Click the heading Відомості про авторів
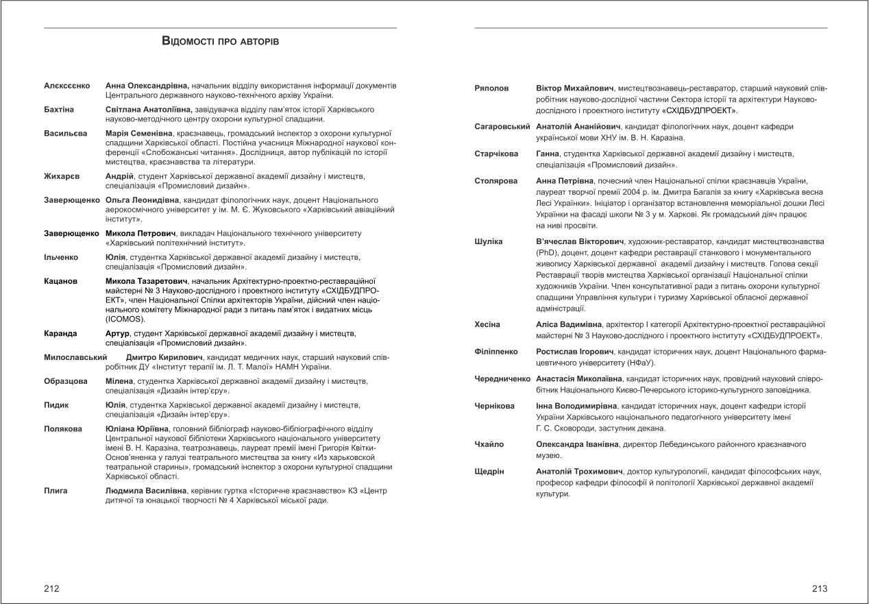[220, 42]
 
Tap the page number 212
[51, 588]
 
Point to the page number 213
[820, 588]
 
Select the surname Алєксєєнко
[67, 86]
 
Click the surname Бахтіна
[59, 110]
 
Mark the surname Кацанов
[60, 281]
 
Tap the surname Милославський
[76, 357]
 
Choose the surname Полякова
[63, 428]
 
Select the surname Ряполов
[492, 89]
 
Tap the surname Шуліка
[489, 241]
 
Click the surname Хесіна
[487, 324]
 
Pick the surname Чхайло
[489, 444]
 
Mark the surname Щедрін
[489, 472]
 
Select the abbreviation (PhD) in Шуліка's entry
[548, 252]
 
